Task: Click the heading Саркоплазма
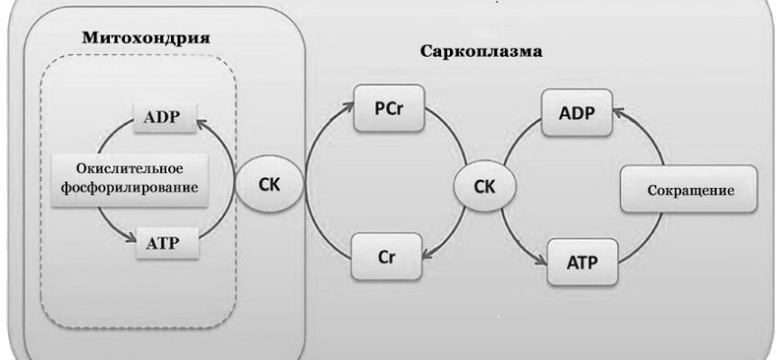tap(481, 50)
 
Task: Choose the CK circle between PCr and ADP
tap(485, 187)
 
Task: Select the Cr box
tap(387, 256)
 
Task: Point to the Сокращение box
tap(690, 191)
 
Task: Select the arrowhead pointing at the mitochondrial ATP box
tap(127, 239)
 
